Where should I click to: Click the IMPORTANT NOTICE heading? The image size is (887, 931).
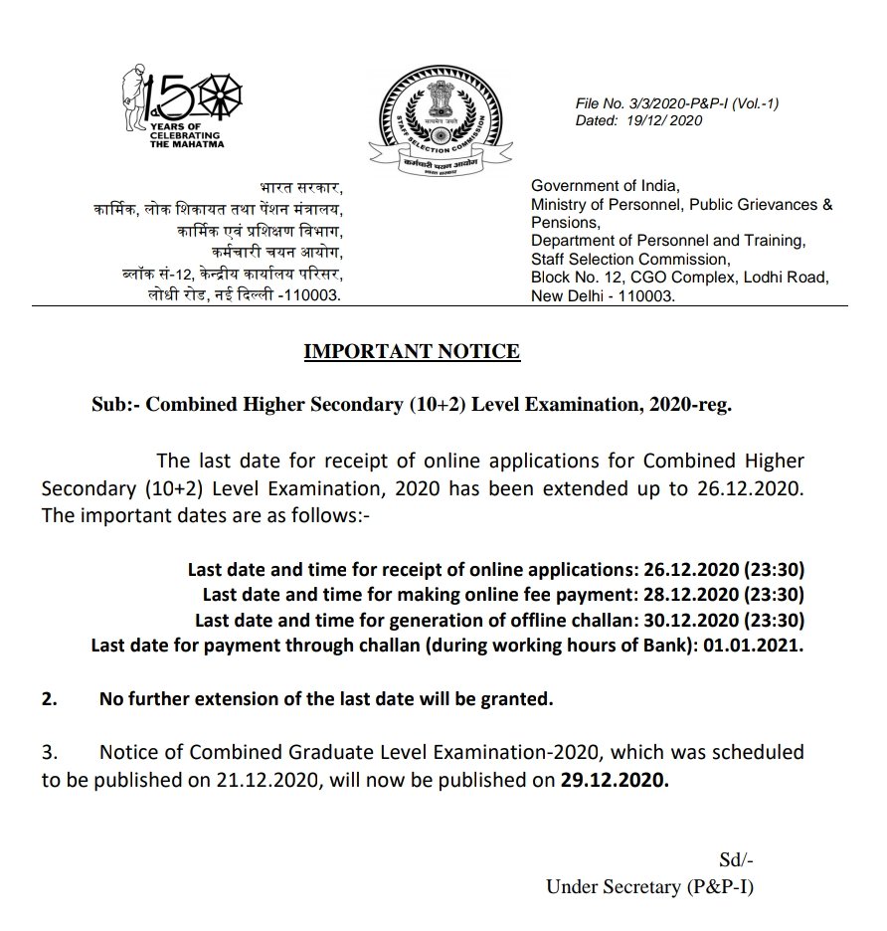tap(411, 351)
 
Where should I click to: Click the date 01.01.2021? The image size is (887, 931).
tap(766, 645)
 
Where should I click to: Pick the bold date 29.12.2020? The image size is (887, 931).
tap(615, 781)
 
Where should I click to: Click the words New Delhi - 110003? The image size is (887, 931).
tap(603, 296)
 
